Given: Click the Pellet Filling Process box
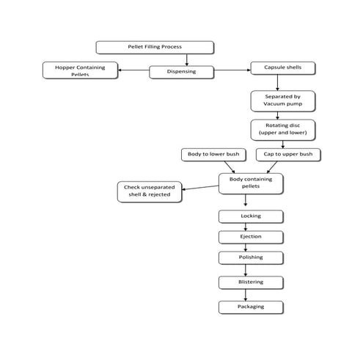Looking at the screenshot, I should [155, 47].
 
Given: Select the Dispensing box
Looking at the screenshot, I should [181, 72].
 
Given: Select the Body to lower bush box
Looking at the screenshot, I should [214, 155].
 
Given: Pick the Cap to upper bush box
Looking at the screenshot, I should [288, 155].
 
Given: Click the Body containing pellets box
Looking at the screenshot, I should [250, 183].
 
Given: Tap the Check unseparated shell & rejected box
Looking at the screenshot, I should [149, 192].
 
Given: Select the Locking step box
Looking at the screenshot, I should [250, 216].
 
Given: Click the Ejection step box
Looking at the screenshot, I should [250, 237].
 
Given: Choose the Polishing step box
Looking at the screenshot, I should [250, 258].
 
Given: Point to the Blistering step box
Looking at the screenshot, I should [250, 282].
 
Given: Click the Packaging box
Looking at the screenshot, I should [250, 307].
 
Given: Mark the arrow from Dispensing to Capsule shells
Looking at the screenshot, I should [232, 71].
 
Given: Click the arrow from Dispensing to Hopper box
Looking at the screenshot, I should [133, 71].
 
